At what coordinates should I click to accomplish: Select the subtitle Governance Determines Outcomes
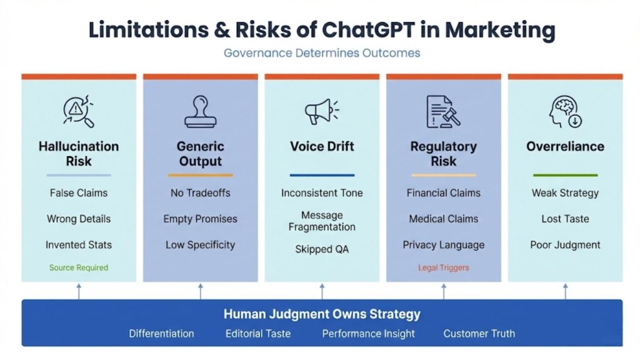click(322, 52)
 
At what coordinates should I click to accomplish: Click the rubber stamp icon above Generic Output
click(200, 112)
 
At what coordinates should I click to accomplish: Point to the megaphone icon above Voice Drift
click(321, 112)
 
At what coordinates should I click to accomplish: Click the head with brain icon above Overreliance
click(565, 112)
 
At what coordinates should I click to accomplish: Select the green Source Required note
click(79, 267)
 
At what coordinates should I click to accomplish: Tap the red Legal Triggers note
click(443, 267)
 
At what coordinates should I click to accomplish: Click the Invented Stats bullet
click(79, 244)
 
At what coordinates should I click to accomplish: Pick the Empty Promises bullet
click(200, 219)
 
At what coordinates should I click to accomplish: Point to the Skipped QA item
click(322, 249)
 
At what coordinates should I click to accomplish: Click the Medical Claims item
click(443, 219)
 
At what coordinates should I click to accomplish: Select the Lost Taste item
click(565, 219)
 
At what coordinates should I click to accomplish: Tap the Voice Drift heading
click(322, 146)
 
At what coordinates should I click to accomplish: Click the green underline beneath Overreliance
click(565, 175)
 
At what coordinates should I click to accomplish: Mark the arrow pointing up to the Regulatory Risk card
click(444, 291)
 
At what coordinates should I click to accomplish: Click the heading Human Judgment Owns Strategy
click(322, 314)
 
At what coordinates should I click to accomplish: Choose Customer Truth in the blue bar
click(479, 333)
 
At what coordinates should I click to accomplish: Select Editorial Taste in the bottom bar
click(258, 333)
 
